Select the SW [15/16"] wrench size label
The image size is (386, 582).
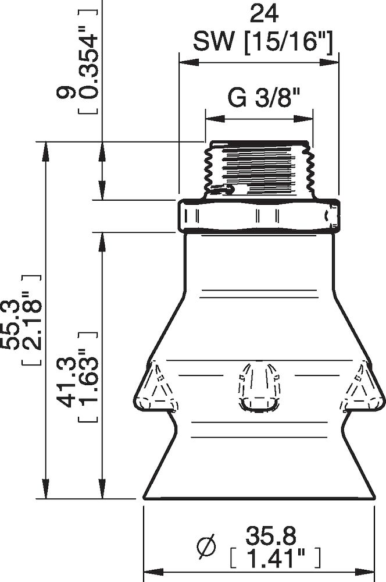coord(263,41)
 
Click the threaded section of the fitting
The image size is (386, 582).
coord(259,169)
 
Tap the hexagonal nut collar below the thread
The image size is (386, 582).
coord(259,216)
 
